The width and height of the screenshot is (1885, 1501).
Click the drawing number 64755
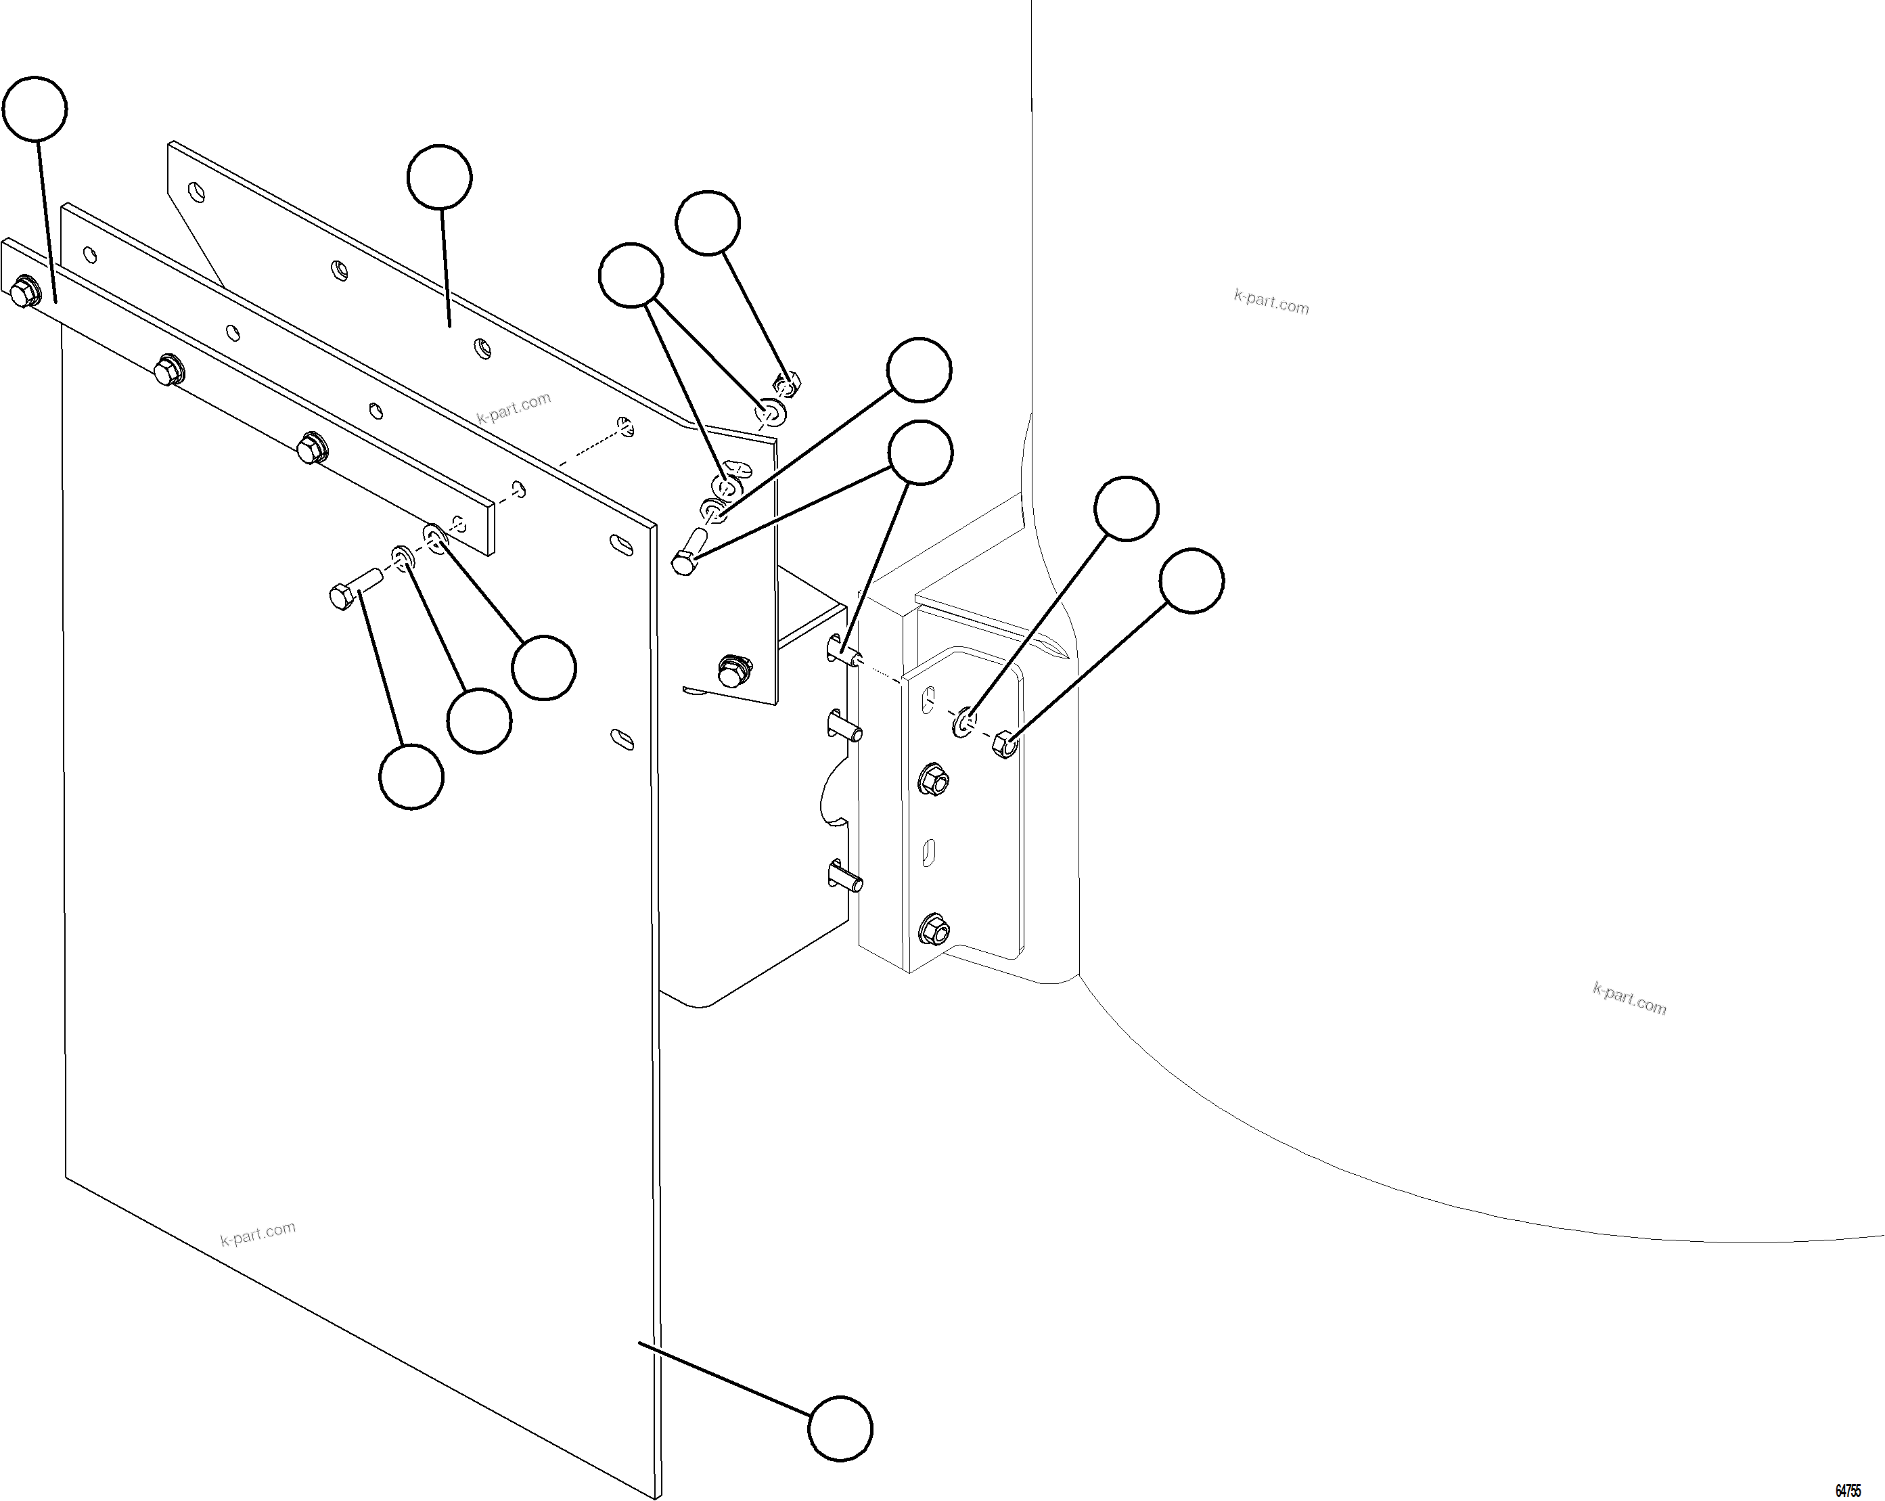click(x=1847, y=1490)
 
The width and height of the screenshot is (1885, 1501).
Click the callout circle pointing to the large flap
click(x=840, y=1429)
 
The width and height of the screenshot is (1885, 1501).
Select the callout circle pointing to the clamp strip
click(x=35, y=108)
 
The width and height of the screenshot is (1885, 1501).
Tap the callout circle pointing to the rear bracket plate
click(x=440, y=177)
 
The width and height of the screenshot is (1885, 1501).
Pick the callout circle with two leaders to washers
click(x=631, y=275)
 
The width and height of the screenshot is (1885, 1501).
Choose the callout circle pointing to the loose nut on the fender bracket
click(x=1191, y=581)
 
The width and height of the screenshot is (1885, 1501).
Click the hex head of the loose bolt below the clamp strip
click(x=341, y=598)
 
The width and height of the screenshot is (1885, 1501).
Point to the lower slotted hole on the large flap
click(x=622, y=738)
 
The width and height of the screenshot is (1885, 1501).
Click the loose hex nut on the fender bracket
click(x=1005, y=744)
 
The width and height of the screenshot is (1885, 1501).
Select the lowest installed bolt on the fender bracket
click(x=934, y=930)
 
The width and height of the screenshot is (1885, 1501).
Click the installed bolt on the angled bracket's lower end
click(x=734, y=670)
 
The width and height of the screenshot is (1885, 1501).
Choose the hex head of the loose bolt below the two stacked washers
click(x=685, y=562)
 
